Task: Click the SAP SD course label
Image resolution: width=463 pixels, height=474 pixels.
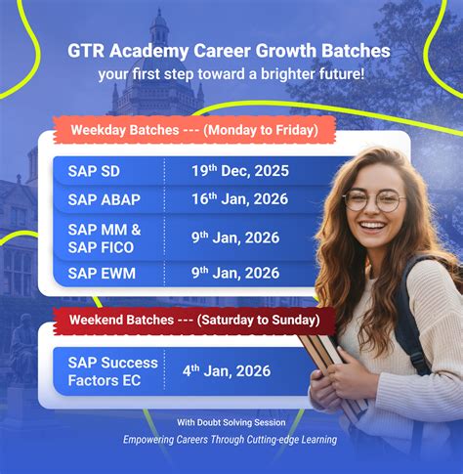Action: point(95,171)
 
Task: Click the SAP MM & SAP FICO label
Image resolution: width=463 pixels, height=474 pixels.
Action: point(105,237)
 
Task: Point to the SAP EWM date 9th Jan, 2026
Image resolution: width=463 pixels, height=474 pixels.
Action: point(235,274)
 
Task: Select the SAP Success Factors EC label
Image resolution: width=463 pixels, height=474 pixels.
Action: point(112,371)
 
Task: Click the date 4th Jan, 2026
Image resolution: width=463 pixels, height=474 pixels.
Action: point(227,371)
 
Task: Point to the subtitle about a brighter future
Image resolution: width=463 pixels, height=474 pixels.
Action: point(231,73)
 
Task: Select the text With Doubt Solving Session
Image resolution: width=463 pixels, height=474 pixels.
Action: point(231,422)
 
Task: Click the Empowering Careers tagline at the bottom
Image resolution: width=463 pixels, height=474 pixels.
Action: point(230,440)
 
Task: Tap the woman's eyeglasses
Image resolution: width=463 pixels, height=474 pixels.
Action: point(373,200)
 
